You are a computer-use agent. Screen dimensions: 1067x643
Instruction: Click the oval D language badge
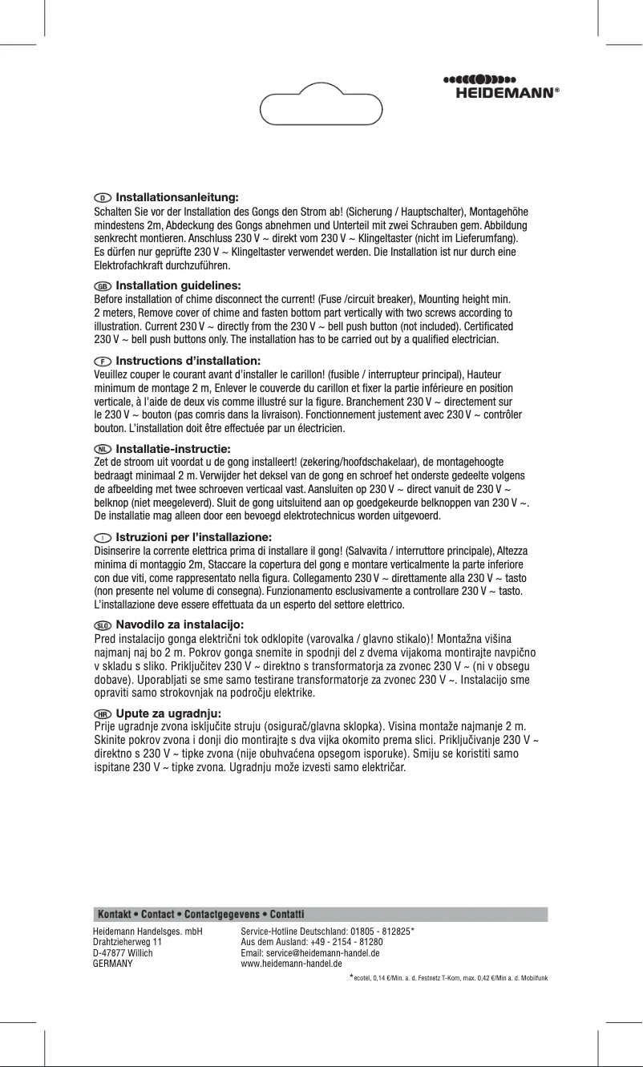pyautogui.click(x=103, y=197)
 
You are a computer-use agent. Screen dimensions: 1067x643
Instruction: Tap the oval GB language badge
pyautogui.click(x=103, y=285)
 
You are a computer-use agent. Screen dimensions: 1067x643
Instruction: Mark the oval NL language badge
pyautogui.click(x=103, y=448)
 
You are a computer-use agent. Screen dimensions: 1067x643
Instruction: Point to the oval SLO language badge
pyautogui.click(x=103, y=624)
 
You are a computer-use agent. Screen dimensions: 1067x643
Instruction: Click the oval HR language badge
pyautogui.click(x=103, y=713)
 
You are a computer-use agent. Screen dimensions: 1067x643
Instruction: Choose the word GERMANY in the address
pyautogui.click(x=114, y=964)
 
